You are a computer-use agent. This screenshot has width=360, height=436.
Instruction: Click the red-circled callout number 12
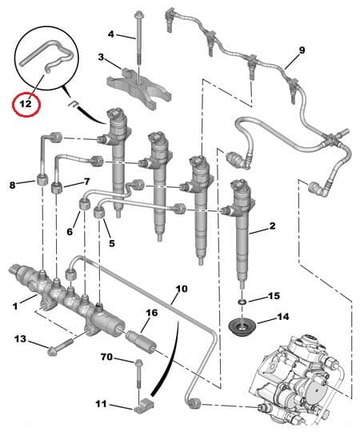26,103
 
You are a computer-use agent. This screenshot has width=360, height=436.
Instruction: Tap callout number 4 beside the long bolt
112,34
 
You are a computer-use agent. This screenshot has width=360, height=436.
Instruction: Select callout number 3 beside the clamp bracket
102,58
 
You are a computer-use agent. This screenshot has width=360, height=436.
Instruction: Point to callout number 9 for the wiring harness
302,50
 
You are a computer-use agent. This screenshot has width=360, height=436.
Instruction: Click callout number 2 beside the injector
272,227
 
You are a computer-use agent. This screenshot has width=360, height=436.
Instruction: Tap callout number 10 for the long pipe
181,287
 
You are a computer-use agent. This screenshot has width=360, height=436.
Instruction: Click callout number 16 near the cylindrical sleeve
150,314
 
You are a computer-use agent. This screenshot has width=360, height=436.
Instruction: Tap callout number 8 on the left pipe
12,186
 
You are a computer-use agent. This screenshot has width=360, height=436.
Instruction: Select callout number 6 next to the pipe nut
70,232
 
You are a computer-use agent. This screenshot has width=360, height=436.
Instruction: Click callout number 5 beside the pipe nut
112,243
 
